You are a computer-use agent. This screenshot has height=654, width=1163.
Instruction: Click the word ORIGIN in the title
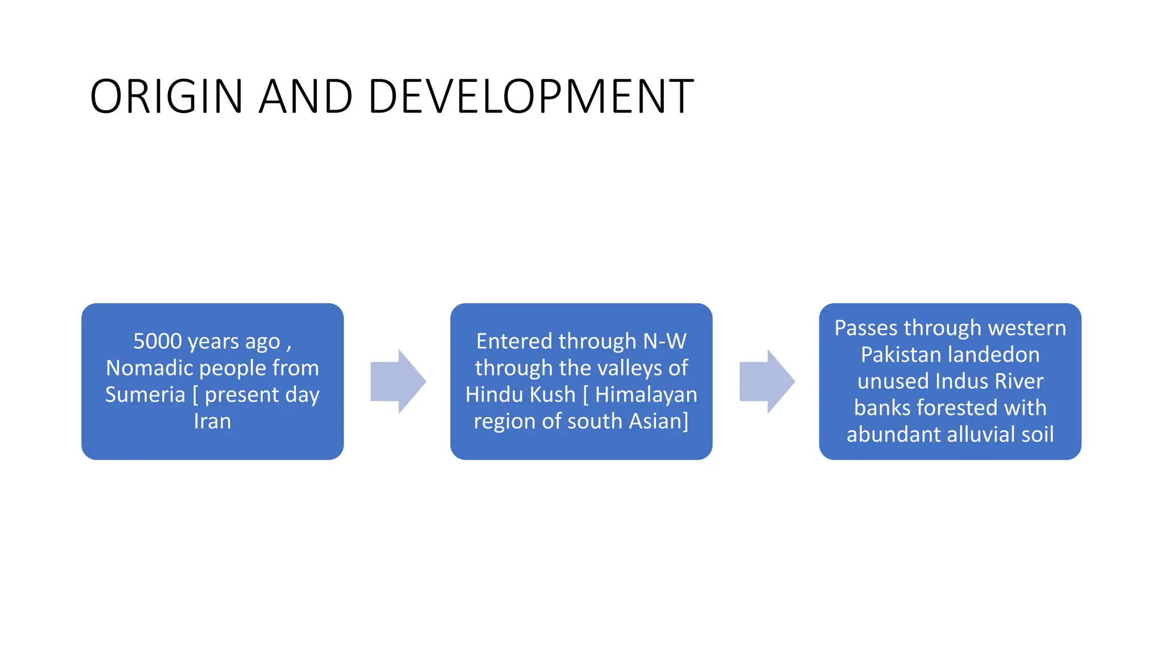tap(166, 97)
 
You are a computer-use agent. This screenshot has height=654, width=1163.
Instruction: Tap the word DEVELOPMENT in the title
tap(530, 97)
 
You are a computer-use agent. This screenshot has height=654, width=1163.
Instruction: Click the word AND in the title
tap(306, 97)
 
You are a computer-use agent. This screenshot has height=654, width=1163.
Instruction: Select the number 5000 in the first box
tap(157, 341)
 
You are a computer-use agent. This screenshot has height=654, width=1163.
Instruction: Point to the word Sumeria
tap(145, 395)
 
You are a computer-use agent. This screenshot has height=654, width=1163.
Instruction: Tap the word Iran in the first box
tap(212, 421)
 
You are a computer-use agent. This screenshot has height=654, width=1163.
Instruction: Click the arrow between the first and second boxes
tap(398, 381)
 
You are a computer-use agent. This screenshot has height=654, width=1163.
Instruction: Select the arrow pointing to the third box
tap(767, 381)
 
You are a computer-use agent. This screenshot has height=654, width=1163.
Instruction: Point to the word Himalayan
tap(646, 395)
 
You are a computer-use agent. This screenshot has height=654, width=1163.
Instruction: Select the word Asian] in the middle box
tap(658, 421)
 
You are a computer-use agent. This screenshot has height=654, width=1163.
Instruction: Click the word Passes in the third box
tap(866, 328)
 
